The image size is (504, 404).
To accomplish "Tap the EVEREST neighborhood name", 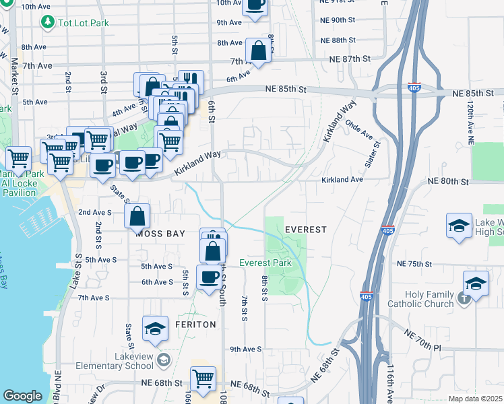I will click(305, 230).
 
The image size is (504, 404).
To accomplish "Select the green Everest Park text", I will click(265, 263).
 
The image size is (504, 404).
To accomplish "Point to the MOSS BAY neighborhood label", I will click(162, 234).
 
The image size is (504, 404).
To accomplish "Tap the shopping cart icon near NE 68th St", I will click(203, 378).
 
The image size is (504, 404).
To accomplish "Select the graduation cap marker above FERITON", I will click(155, 329).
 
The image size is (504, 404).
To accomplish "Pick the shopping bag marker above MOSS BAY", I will click(137, 216).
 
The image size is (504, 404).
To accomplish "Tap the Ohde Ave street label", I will click(358, 130).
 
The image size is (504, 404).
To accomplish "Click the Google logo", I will click(22, 396).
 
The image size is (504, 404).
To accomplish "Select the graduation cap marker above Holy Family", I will click(476, 284).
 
